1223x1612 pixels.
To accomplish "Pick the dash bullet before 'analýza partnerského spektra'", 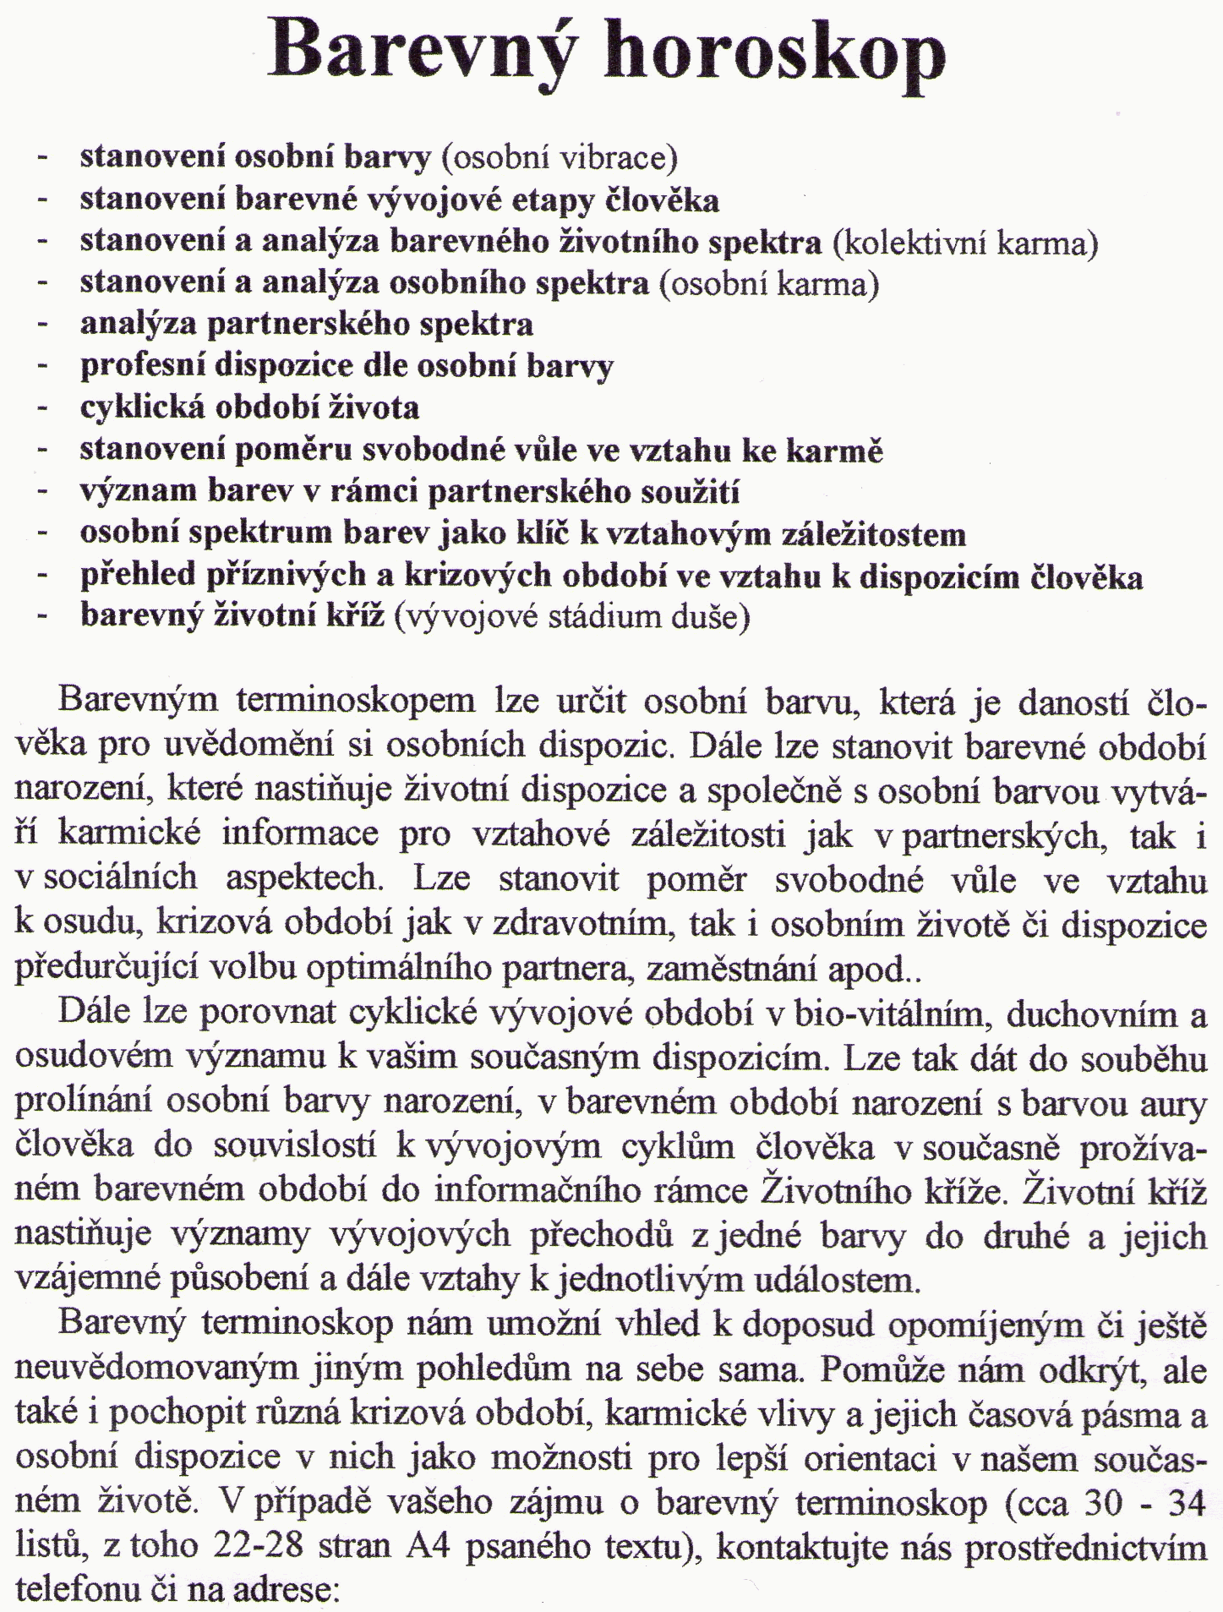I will coord(42,325).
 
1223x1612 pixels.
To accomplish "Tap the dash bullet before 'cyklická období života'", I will coord(42,408).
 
